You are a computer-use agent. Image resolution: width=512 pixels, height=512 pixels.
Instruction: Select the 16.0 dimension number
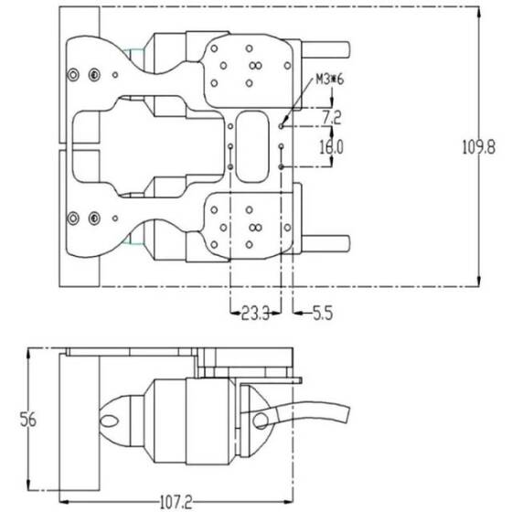pos(330,146)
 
